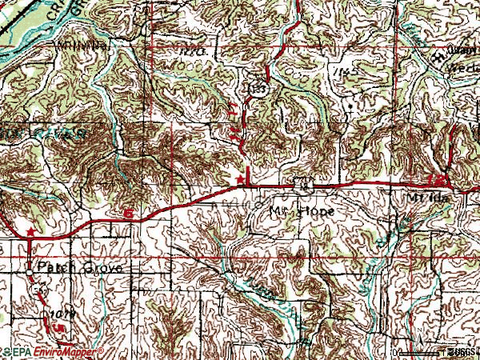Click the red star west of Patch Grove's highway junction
click(30, 232)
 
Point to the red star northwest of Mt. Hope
click(237, 178)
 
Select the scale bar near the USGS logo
click(420, 353)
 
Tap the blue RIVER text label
click(72, 134)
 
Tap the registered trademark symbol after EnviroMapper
click(102, 350)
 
